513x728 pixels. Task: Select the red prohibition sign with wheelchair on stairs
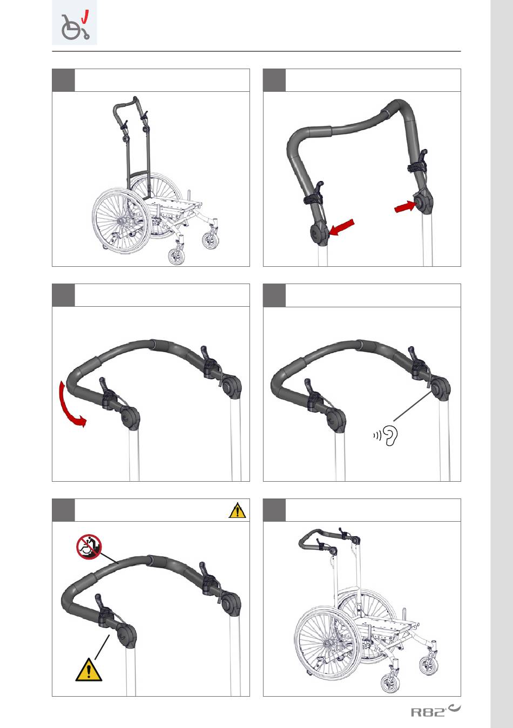pyautogui.click(x=89, y=547)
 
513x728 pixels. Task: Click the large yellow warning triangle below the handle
pyautogui.click(x=89, y=670)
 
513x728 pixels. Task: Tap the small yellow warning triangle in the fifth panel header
pyautogui.click(x=237, y=510)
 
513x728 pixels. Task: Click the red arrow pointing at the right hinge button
pyautogui.click(x=406, y=206)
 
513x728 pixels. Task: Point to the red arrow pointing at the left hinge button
pyautogui.click(x=341, y=227)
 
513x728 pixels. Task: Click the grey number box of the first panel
pyautogui.click(x=63, y=80)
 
